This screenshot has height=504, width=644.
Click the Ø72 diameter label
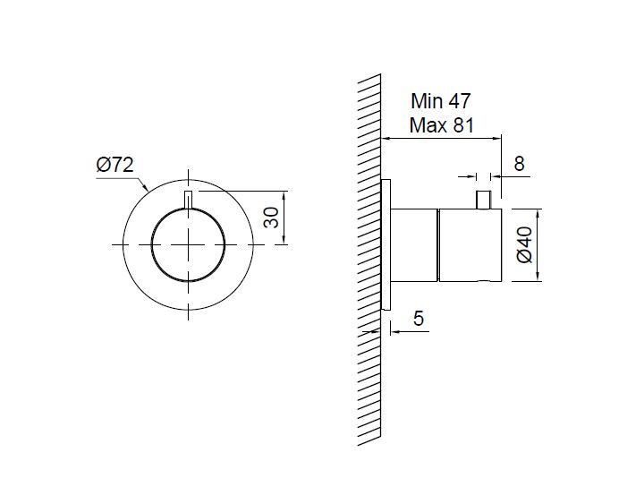tap(115, 165)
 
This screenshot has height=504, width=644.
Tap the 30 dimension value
tap(272, 218)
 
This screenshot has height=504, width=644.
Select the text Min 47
tap(441, 101)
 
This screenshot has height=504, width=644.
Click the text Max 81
tap(442, 125)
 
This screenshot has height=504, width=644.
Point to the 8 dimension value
tap(519, 164)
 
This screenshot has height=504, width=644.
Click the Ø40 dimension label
tap(525, 244)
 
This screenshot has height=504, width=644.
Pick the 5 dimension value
tap(418, 318)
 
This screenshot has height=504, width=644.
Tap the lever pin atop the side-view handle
tap(483, 200)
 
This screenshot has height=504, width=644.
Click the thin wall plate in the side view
tap(386, 244)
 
